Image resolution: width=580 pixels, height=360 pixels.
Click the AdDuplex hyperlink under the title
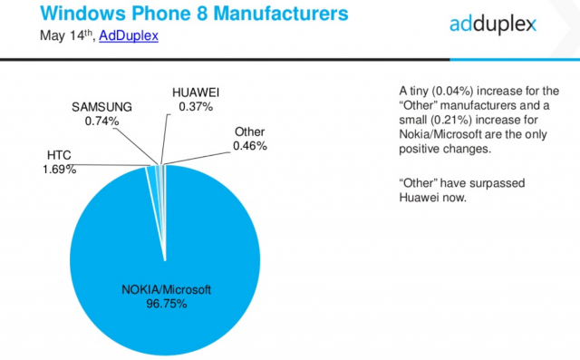pos(129,36)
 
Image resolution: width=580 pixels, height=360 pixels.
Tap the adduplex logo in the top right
pos(493,24)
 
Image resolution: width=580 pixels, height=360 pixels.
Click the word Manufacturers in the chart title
pos(281,14)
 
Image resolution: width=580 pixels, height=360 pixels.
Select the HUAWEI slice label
pos(196,92)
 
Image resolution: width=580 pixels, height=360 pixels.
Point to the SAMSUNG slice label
pos(101,107)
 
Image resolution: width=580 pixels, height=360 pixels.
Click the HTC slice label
pos(59,155)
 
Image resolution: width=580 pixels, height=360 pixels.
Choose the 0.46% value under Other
pos(250,146)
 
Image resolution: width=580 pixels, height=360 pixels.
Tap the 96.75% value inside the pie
pos(167,304)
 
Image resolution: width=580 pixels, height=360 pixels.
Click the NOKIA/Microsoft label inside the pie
pos(166,289)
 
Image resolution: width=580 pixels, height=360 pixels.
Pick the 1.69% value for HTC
pos(60,170)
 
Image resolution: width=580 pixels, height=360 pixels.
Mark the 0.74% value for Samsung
pos(102,121)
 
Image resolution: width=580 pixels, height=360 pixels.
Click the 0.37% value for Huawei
pos(196,107)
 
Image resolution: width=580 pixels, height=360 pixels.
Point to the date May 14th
pos(66,35)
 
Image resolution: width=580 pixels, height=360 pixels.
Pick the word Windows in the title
pos(82,14)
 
